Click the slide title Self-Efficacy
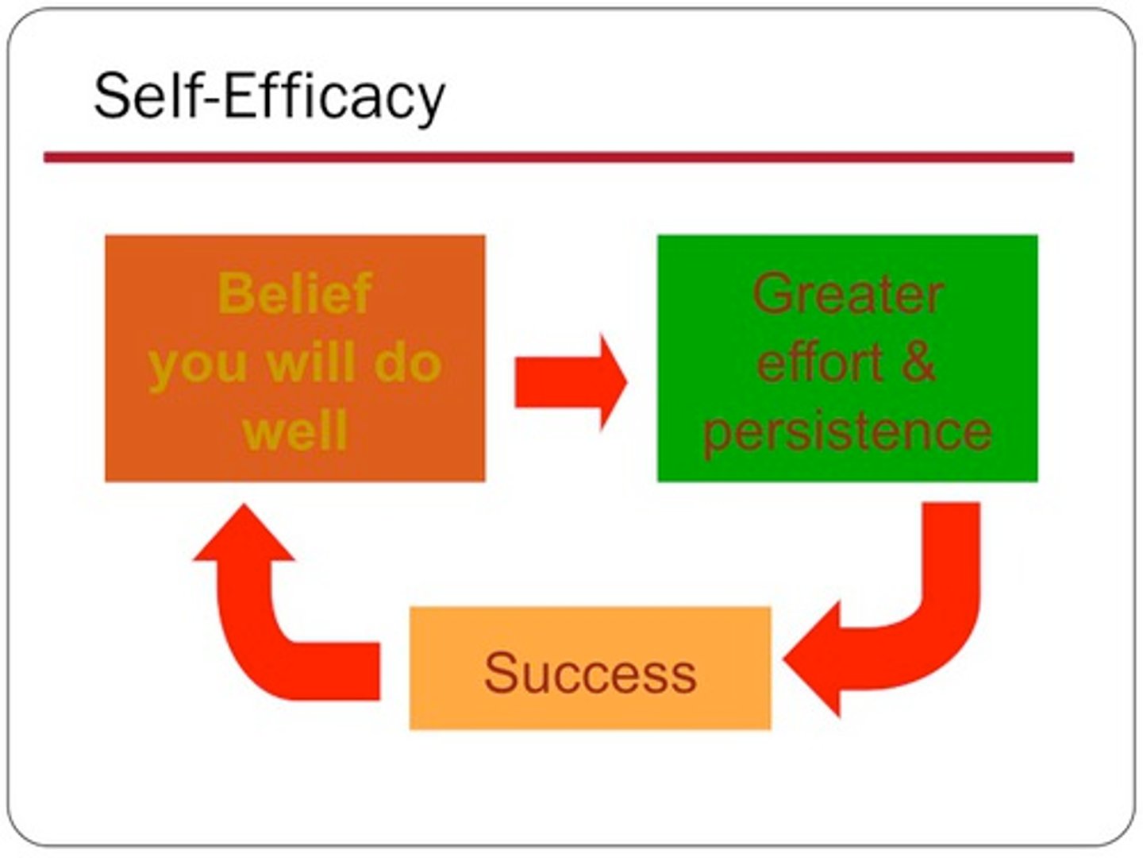point(269,97)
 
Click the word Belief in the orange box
point(295,293)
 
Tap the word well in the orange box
point(295,431)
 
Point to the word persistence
point(848,431)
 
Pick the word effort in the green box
point(820,362)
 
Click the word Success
point(590,673)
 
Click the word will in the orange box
point(310,362)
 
